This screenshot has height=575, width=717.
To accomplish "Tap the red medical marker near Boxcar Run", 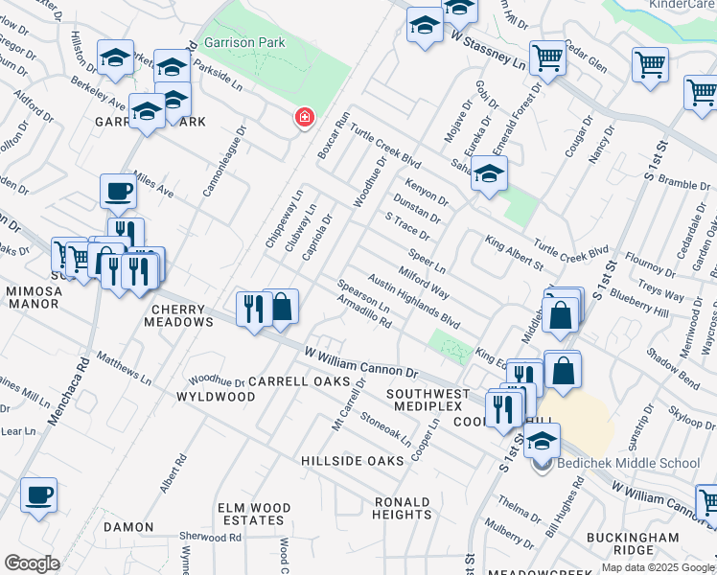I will (305, 118).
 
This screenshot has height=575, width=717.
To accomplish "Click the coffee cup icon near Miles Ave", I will (118, 191).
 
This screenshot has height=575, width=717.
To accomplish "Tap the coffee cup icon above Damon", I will (38, 495).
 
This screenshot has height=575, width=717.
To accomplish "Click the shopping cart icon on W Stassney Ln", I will (547, 58).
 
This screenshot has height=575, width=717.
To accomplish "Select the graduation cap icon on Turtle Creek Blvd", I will (489, 174).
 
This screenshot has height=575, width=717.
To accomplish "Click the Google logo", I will (32, 563).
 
